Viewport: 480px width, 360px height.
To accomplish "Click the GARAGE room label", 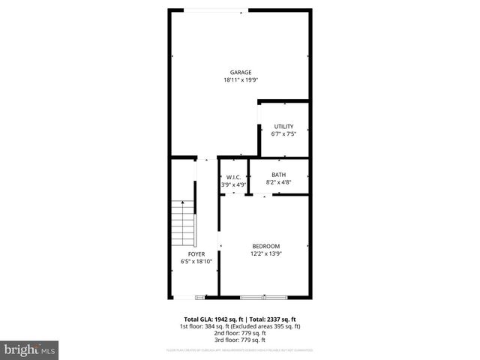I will click(x=241, y=73).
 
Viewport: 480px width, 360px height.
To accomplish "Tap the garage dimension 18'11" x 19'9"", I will click(x=241, y=80).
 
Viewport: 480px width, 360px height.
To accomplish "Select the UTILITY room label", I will click(x=283, y=126).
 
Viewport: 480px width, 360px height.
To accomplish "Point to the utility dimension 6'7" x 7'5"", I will click(x=283, y=133).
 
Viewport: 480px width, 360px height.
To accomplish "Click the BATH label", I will click(x=279, y=175).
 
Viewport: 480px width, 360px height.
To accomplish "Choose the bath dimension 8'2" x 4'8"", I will click(x=279, y=182).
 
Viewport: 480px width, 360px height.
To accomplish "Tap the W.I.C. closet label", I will click(x=233, y=177).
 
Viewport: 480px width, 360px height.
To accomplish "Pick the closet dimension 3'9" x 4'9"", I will click(x=233, y=184).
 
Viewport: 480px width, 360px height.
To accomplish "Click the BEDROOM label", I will click(x=265, y=247).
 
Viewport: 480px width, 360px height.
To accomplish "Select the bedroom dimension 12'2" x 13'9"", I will click(x=265, y=254).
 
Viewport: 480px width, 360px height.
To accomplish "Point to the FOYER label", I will click(x=196, y=254).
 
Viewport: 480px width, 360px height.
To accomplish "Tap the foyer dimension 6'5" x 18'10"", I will click(x=196, y=262).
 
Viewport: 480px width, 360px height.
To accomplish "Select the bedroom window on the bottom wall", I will click(x=264, y=297).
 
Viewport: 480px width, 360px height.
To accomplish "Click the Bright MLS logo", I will click(x=29, y=349).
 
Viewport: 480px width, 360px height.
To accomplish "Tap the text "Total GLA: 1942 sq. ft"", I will click(x=212, y=319).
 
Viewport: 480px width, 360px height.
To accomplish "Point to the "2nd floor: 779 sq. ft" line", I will click(x=240, y=333).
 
